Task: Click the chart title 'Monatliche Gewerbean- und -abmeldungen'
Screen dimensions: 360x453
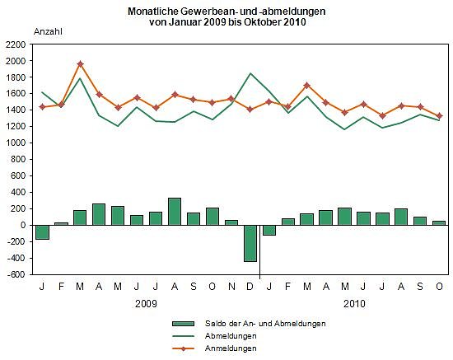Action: click(226, 11)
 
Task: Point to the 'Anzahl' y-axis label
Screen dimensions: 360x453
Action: click(48, 31)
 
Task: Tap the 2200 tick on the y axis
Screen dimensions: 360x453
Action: click(15, 44)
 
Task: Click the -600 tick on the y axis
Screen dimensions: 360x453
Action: click(15, 274)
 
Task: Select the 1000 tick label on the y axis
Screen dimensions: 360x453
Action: click(15, 143)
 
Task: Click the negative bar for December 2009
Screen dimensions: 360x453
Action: click(250, 243)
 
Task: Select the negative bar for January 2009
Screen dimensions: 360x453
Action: click(42, 232)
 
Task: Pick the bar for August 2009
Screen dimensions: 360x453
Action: click(174, 212)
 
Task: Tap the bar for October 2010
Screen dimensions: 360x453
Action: click(438, 222)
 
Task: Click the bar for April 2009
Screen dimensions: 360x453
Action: click(99, 214)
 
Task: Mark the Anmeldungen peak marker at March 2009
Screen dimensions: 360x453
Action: click(80, 63)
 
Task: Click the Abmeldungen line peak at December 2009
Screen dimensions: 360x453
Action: click(250, 73)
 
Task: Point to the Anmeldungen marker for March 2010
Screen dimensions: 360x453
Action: click(306, 85)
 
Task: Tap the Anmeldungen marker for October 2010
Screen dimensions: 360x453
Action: click(438, 116)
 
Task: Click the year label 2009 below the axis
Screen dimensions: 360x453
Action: click(146, 304)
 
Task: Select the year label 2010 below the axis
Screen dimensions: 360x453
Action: click(353, 304)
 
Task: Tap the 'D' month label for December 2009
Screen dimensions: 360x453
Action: click(250, 287)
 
